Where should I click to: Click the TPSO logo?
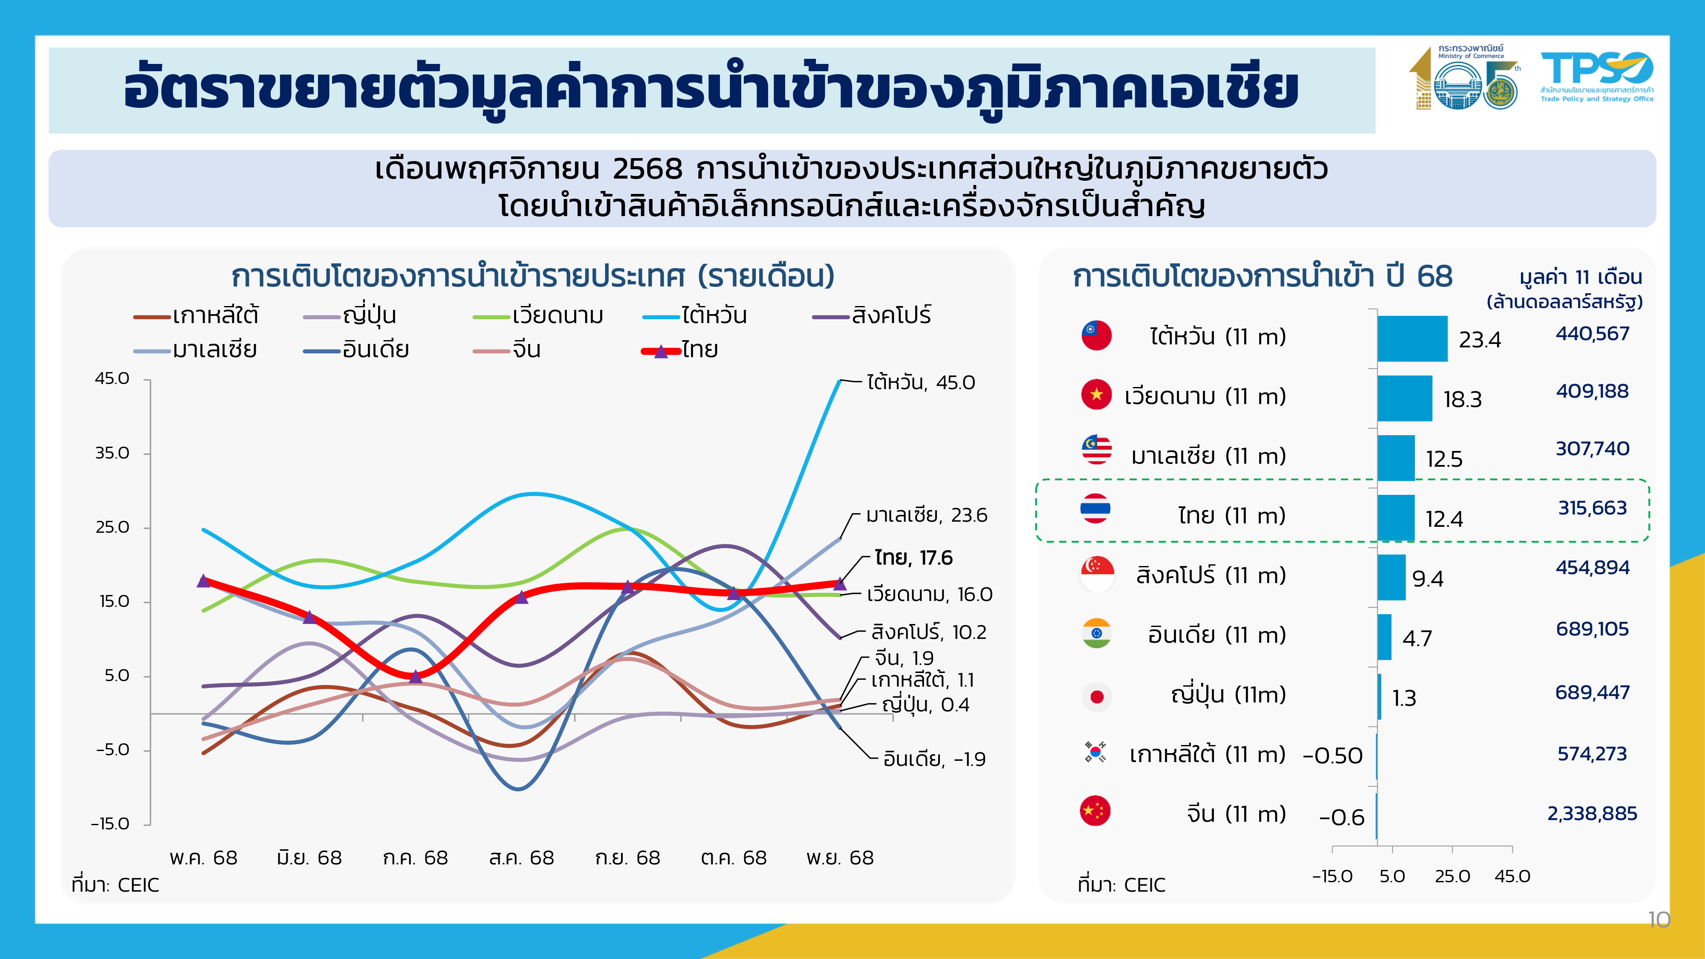coord(1596,77)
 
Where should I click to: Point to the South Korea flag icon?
coord(1095,753)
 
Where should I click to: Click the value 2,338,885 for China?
coord(1592,813)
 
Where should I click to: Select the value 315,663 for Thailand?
coord(1592,508)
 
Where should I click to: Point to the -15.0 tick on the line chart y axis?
coord(110,823)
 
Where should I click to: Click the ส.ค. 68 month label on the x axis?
coord(522,858)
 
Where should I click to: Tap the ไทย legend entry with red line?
coord(680,350)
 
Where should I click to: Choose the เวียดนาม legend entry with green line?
coord(538,316)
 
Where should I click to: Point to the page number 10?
coord(1659,919)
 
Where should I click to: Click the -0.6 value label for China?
coord(1342,817)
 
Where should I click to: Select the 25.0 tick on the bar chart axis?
coord(1452,876)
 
